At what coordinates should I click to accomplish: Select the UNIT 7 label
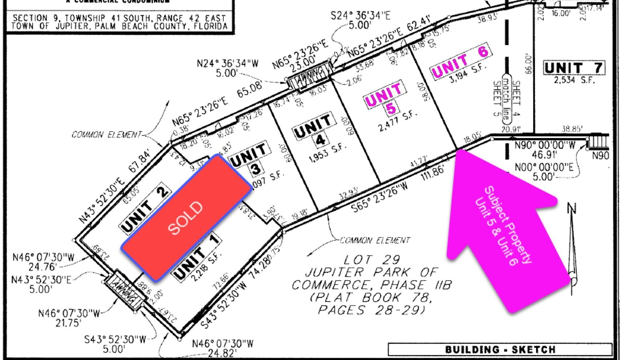(574, 68)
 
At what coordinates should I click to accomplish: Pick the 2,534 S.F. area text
(574, 80)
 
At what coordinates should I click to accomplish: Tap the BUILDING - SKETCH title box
(500, 350)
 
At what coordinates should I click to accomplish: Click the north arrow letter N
(572, 209)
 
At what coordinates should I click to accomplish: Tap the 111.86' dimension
(433, 173)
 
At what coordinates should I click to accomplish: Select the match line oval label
(506, 98)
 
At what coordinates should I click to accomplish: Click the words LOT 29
(372, 260)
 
